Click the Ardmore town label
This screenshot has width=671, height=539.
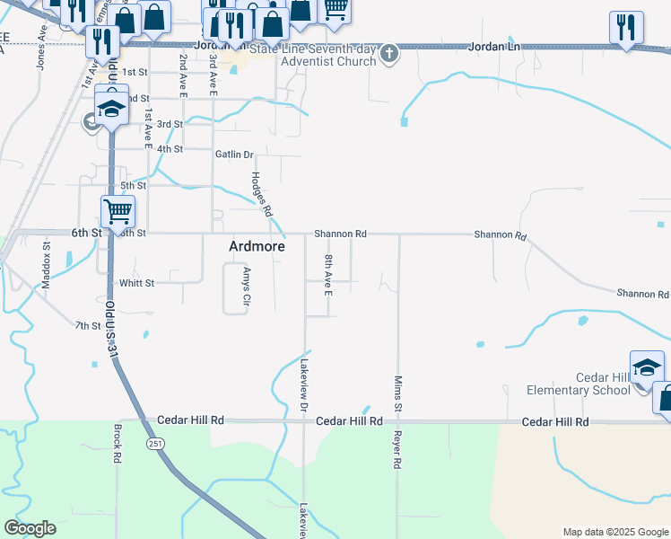point(257,246)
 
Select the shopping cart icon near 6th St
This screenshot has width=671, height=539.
point(118,212)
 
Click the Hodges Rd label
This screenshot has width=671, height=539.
point(261,194)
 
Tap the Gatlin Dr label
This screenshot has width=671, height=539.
point(235,155)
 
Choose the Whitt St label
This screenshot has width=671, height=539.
point(137,283)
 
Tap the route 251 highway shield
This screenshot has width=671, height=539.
point(156,444)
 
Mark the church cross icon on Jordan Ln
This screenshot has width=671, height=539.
point(388,54)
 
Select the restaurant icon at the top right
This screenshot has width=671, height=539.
point(626,27)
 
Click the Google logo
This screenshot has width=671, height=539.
point(30,528)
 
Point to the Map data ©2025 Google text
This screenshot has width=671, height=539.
point(615,532)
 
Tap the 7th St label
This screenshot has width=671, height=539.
point(88,325)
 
